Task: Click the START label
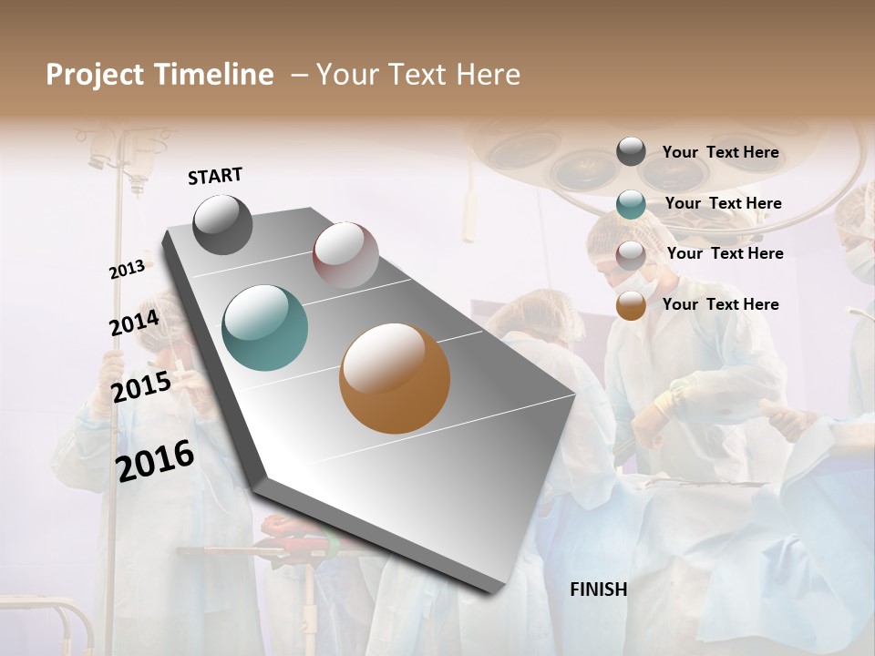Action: tap(215, 176)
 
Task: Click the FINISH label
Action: tap(599, 589)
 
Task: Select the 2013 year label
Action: tap(127, 270)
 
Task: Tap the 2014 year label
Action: tap(134, 323)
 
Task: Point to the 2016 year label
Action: tap(155, 461)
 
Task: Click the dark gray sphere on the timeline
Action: tap(223, 224)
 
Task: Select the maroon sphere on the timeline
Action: tap(345, 255)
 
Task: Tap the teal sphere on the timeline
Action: tap(265, 328)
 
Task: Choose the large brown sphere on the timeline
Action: tap(395, 378)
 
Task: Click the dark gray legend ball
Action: tap(631, 152)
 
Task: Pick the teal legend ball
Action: tap(631, 204)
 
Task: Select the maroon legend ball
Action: tap(631, 255)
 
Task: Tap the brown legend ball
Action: tap(631, 306)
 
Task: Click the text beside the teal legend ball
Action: tap(723, 203)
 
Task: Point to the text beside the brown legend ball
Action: tap(720, 304)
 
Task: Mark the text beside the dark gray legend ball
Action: tap(720, 152)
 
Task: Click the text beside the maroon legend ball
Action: tap(725, 253)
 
